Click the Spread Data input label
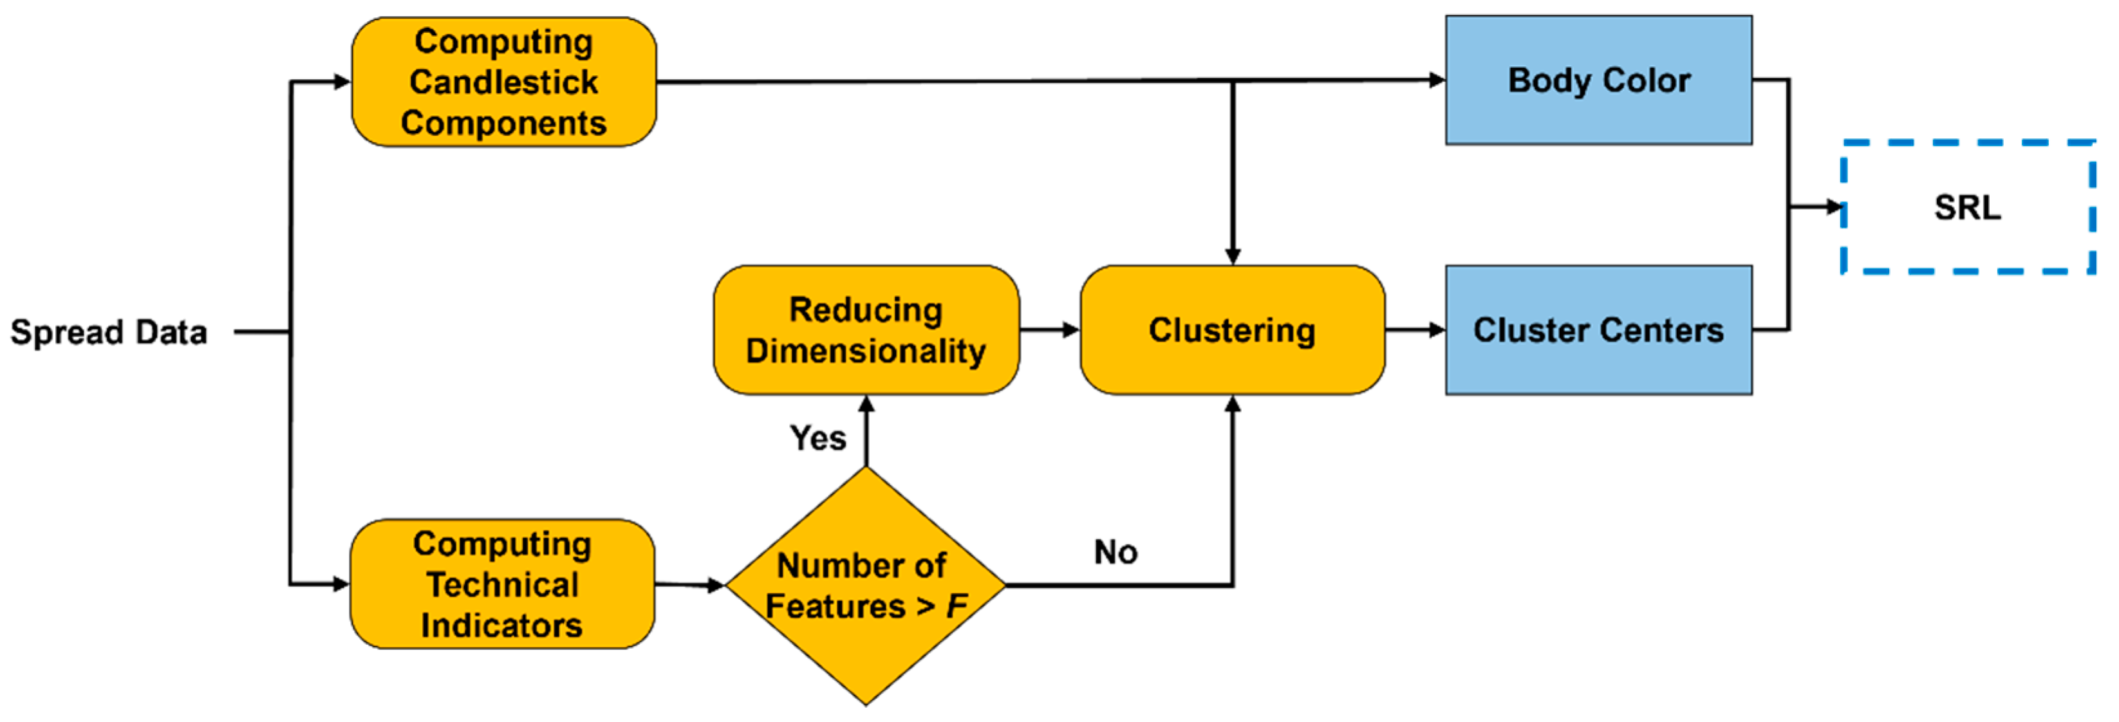coord(109,332)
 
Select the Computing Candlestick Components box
coord(503,82)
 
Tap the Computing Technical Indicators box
coord(502,584)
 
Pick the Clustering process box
coord(1231,329)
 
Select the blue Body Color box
coord(1598,80)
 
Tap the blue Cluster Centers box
coord(1598,329)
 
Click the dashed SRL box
coord(1967,207)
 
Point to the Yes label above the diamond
coord(817,438)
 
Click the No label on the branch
coord(1116,551)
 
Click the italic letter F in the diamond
coord(957,607)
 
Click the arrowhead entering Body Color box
coord(1436,80)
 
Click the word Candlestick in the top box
coord(503,82)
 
